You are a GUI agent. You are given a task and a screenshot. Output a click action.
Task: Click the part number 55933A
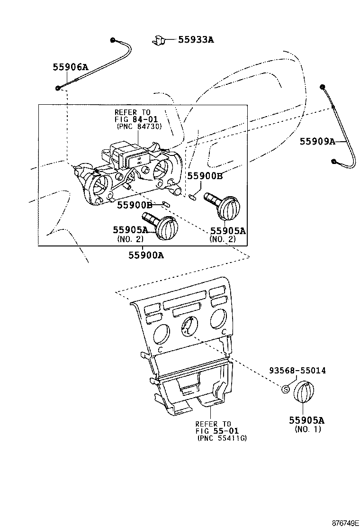coord(196,40)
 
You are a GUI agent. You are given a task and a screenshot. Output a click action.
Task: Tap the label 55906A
coord(70,67)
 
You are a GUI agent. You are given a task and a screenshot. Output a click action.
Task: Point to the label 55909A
coord(317,141)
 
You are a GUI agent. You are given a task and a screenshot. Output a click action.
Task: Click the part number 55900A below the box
coord(146,255)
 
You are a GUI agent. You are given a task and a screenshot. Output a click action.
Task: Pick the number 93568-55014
coord(297,371)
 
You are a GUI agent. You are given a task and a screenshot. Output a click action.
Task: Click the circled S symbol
coord(286,389)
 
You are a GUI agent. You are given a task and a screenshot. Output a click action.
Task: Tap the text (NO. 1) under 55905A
coord(307,429)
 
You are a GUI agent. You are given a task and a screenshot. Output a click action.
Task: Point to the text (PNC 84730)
coord(139,127)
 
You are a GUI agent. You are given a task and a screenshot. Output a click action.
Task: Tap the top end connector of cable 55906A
coord(114,40)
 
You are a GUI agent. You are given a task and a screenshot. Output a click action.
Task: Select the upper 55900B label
coord(205,176)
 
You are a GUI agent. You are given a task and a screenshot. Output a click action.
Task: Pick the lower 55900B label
coord(135,205)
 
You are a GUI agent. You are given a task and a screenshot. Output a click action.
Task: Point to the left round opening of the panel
coord(160,334)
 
